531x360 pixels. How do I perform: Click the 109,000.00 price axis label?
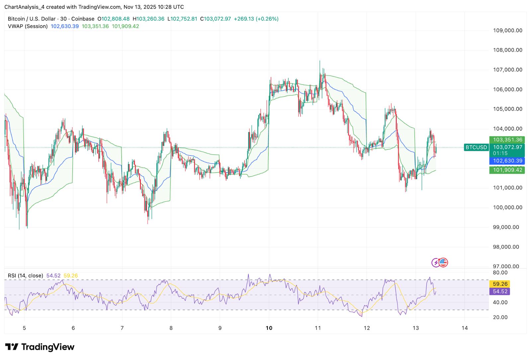[x=507, y=31]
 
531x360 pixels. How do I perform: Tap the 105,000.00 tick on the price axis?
[x=507, y=109]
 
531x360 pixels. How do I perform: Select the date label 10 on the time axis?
[x=269, y=328]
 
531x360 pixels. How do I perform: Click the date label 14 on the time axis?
[x=465, y=328]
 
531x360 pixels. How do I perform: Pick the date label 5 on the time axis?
[x=24, y=328]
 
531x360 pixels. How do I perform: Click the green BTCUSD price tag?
[x=476, y=147]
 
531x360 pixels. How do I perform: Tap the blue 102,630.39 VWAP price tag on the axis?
[x=507, y=161]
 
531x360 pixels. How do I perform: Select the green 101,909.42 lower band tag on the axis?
[x=507, y=170]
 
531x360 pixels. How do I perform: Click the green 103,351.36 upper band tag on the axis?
[x=507, y=140]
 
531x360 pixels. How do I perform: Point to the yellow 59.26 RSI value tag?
[x=500, y=284]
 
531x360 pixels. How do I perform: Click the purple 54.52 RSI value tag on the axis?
[x=500, y=292]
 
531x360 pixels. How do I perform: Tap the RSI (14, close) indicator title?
[x=26, y=276]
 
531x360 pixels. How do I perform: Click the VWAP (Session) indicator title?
[x=28, y=26]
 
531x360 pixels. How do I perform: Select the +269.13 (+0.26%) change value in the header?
[x=256, y=19]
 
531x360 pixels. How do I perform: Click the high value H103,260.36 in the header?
[x=148, y=19]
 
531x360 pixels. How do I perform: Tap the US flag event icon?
[x=443, y=263]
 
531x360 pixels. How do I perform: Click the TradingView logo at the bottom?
[x=40, y=347]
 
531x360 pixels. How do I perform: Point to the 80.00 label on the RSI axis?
[x=500, y=273]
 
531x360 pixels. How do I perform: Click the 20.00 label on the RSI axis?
[x=500, y=317]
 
